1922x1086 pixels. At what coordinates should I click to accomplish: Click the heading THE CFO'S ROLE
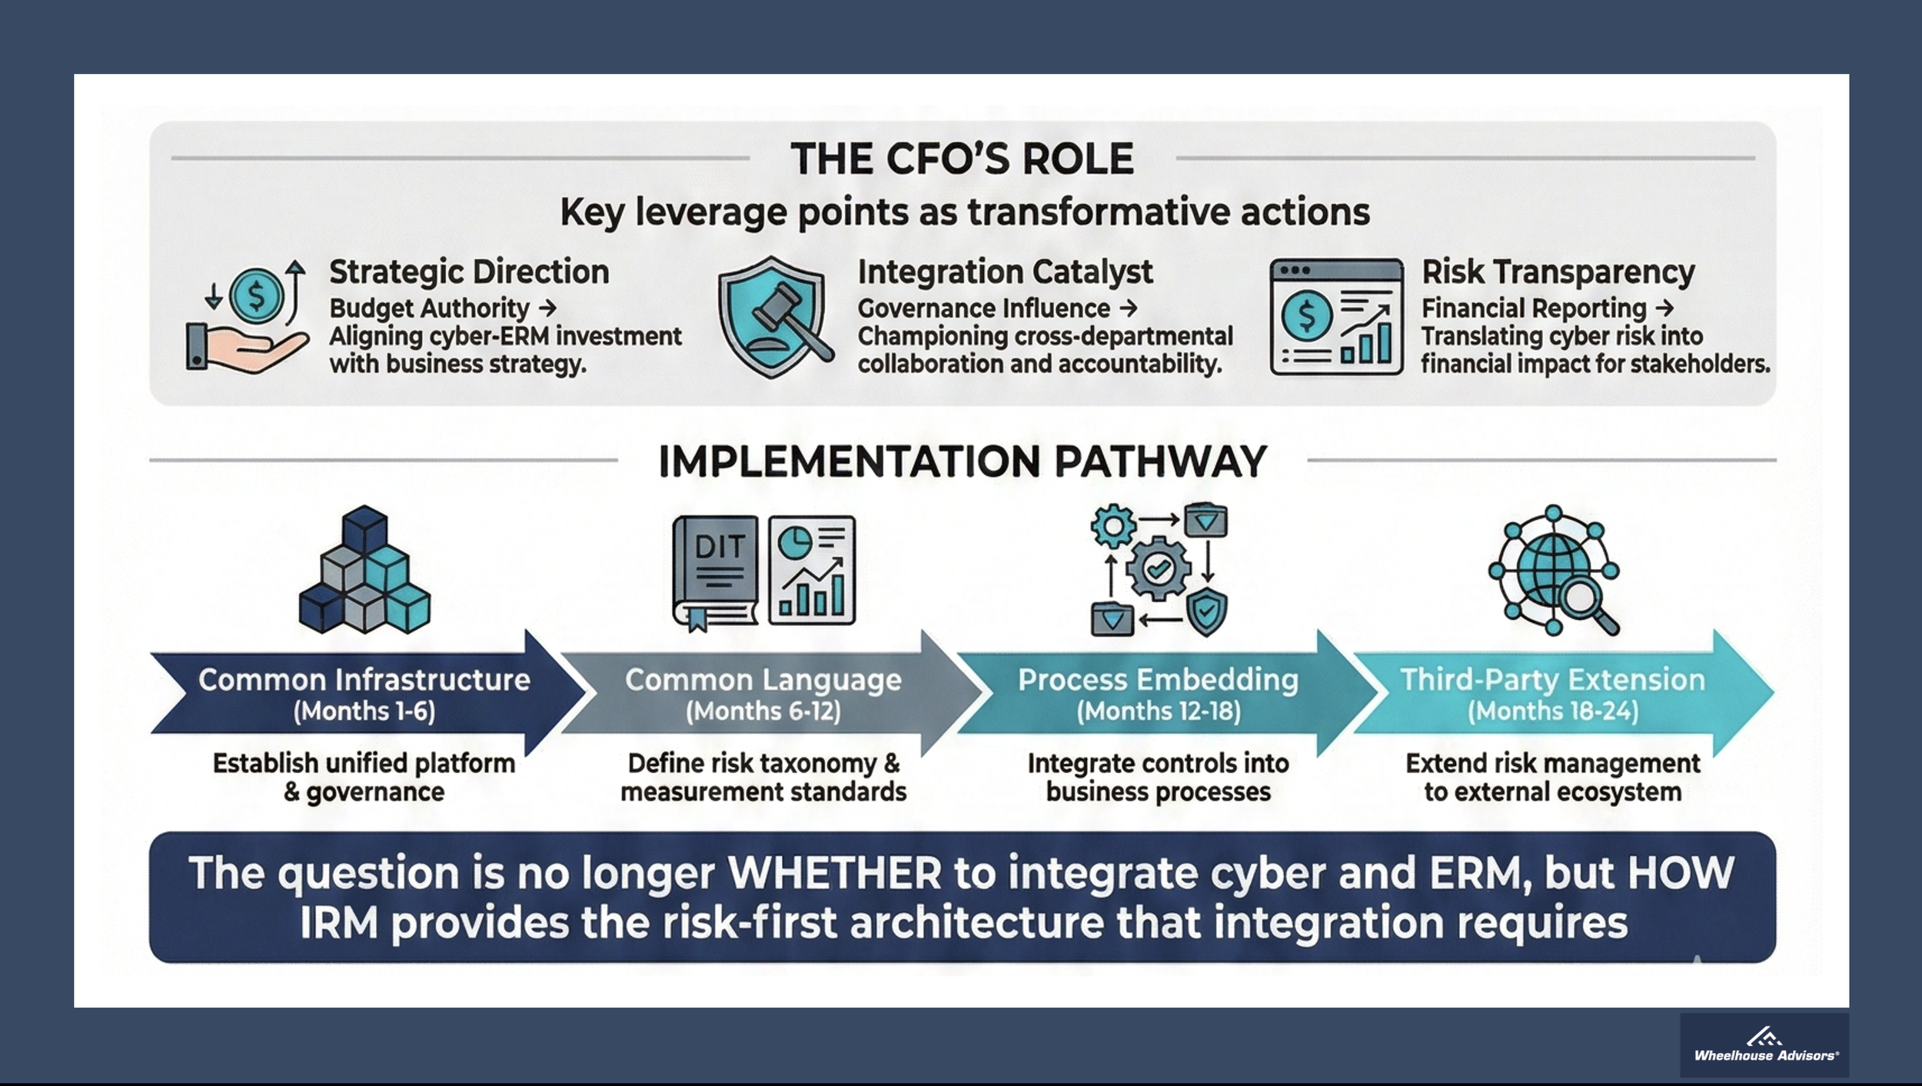coord(962,158)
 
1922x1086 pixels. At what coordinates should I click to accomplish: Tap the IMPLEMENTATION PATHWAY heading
coord(962,461)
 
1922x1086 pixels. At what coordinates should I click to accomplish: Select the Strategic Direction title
coord(469,272)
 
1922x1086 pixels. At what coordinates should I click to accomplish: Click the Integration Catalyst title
coord(1005,272)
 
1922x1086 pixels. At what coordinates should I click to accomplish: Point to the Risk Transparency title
coord(1558,272)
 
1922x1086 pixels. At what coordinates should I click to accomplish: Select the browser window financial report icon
coord(1336,317)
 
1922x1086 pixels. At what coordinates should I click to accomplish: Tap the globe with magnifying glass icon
coord(1554,570)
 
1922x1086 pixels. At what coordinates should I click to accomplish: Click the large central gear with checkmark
coord(1157,569)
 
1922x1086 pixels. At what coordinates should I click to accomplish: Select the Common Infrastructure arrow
coord(364,694)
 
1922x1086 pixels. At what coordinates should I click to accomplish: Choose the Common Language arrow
coord(763,694)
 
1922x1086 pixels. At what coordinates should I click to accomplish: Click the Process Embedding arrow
coord(1158,694)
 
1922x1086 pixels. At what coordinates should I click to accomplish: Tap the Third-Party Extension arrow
coord(1553,694)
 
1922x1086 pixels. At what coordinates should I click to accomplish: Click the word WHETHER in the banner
coord(835,873)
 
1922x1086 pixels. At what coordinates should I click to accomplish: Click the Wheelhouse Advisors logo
coord(1765,1045)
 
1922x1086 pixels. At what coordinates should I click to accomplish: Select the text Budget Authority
coord(430,308)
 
